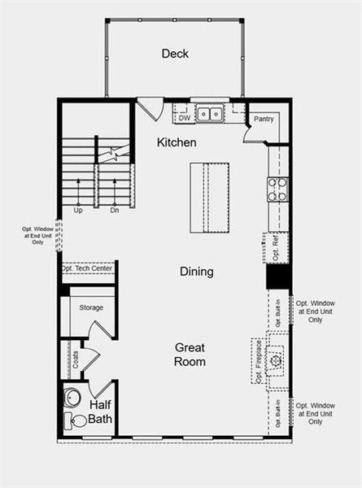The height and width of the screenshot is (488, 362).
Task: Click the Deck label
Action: [175, 54]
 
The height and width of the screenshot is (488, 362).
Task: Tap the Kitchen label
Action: [177, 142]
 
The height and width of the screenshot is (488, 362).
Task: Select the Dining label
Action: [197, 272]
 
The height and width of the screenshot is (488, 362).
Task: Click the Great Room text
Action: [190, 354]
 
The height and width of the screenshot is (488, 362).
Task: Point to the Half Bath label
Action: [100, 412]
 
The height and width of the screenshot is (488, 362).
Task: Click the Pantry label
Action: [264, 119]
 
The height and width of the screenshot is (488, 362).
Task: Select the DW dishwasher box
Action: [184, 118]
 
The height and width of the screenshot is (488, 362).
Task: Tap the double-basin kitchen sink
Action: [209, 115]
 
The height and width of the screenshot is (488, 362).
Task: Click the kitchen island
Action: [209, 198]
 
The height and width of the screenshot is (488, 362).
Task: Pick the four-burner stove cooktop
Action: [277, 190]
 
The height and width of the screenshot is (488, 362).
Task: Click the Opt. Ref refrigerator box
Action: [276, 246]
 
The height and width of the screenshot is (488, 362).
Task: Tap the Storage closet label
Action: [91, 308]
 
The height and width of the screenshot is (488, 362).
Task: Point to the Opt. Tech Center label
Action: [86, 268]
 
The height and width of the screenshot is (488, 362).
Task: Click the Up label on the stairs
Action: [78, 210]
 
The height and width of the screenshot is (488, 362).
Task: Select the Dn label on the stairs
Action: [115, 210]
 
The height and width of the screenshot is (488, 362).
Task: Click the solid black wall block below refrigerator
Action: [279, 277]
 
